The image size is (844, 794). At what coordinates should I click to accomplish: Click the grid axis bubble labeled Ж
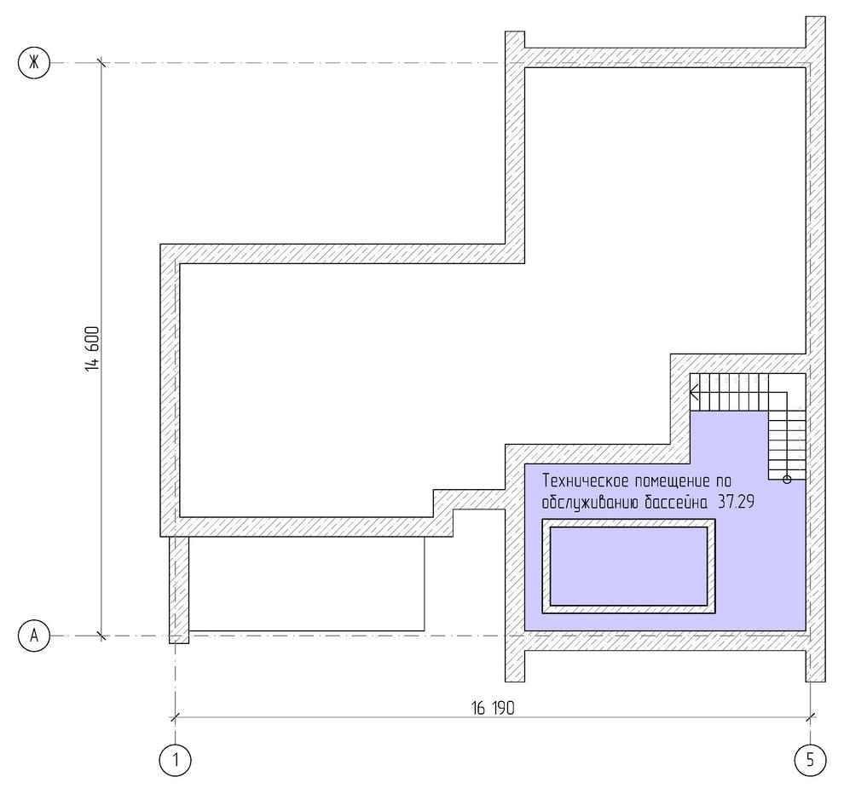tap(34, 63)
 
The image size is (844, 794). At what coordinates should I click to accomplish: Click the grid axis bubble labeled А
tap(34, 636)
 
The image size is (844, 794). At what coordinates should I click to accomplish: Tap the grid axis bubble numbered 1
tap(176, 760)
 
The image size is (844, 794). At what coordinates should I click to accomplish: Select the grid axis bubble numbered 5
tap(810, 760)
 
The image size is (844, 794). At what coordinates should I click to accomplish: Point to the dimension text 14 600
tap(92, 348)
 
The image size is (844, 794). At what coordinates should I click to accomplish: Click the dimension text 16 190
tap(493, 708)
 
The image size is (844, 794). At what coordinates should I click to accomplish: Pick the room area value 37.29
tap(737, 502)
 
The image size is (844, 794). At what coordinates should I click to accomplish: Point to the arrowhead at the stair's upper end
tap(694, 392)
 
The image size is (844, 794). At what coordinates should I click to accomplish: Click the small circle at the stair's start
tap(787, 480)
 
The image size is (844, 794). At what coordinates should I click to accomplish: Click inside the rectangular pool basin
tap(628, 566)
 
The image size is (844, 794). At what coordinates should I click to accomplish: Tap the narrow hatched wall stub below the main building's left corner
tap(179, 589)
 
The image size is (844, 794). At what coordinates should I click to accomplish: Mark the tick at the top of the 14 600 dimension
tap(101, 63)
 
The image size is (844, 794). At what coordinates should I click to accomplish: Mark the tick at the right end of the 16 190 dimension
tap(810, 716)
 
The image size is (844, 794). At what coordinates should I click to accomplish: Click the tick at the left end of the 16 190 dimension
tap(175, 716)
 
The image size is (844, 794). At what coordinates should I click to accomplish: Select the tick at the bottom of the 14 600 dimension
tap(101, 636)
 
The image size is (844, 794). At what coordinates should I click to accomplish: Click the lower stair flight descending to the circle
tap(787, 445)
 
